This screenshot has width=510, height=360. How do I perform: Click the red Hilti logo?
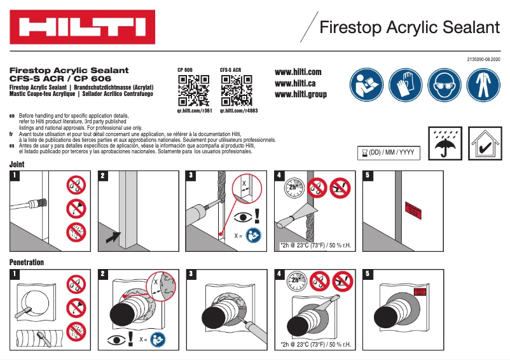(x=82, y=27)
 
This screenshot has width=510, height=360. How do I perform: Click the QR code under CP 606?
(x=193, y=90)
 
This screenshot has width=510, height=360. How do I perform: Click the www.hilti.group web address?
(x=301, y=94)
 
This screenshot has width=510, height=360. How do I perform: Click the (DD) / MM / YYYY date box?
(x=389, y=153)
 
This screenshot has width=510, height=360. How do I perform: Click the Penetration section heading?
(x=27, y=262)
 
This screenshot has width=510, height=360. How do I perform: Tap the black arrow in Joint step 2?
(x=113, y=238)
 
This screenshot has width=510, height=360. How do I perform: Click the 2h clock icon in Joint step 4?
(x=293, y=187)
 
